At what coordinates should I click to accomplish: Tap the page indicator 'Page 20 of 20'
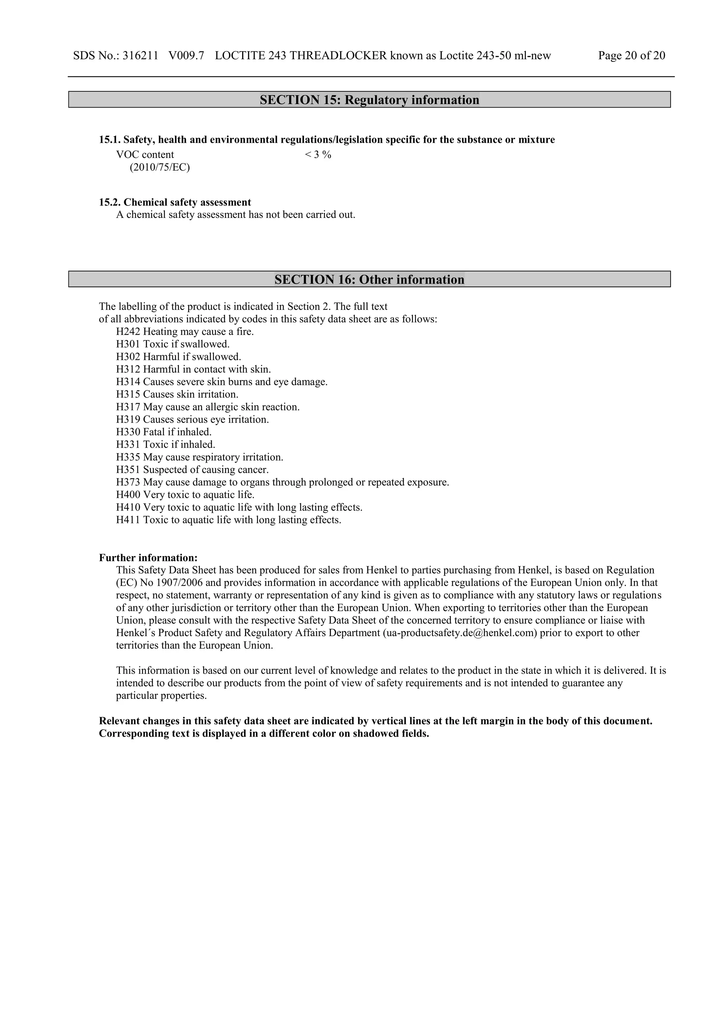pyautogui.click(x=631, y=56)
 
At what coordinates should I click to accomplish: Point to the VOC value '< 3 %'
pyautogui.click(x=318, y=155)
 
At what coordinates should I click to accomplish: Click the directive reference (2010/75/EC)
pyautogui.click(x=160, y=168)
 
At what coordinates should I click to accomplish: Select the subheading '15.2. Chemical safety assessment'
pyautogui.click(x=175, y=202)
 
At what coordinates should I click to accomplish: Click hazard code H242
pyautogui.click(x=128, y=332)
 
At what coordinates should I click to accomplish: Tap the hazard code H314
pyautogui.click(x=128, y=382)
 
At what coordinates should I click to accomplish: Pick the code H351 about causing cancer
pyautogui.click(x=128, y=470)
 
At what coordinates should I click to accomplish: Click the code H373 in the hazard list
pyautogui.click(x=128, y=482)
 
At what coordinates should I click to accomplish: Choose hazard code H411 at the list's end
pyautogui.click(x=128, y=520)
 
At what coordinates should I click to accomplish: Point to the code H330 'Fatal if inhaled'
pyautogui.click(x=128, y=432)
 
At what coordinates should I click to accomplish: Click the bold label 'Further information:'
pyautogui.click(x=148, y=558)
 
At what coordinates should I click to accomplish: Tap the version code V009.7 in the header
pyautogui.click(x=186, y=56)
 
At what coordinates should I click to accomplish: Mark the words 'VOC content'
pyautogui.click(x=145, y=155)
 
